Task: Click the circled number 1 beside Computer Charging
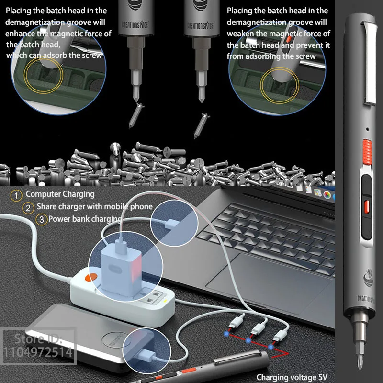click(17, 195)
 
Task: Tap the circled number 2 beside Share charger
click(29, 208)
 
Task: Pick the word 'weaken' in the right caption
click(242, 33)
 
